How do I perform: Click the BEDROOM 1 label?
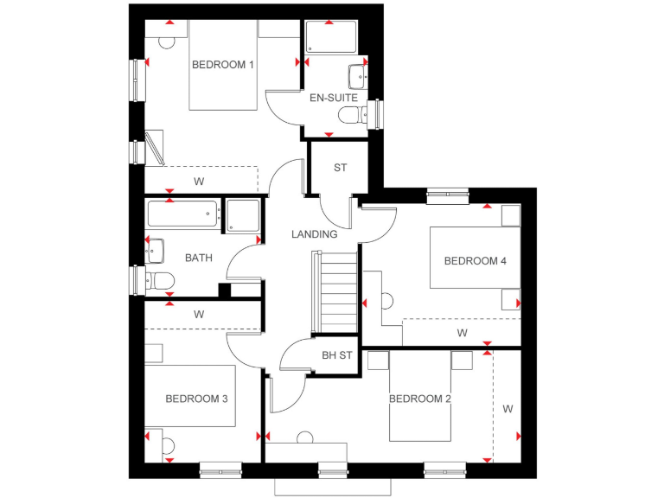coord(223,65)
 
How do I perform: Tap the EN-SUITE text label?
coord(333,99)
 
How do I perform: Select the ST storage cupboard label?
coord(340,168)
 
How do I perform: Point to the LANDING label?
coord(314,234)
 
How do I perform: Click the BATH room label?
coord(199,258)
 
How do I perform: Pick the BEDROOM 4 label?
coord(475,261)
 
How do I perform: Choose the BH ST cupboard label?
coord(336,355)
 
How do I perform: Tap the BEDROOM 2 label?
coord(420,399)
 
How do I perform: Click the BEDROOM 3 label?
coord(196,399)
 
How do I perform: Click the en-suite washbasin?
coord(358,76)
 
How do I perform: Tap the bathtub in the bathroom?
coord(183,214)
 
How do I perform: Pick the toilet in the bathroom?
coord(160,280)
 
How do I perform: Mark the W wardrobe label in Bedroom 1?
coord(199,182)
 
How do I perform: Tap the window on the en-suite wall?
coord(375,113)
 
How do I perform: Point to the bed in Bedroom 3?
coord(190,395)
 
